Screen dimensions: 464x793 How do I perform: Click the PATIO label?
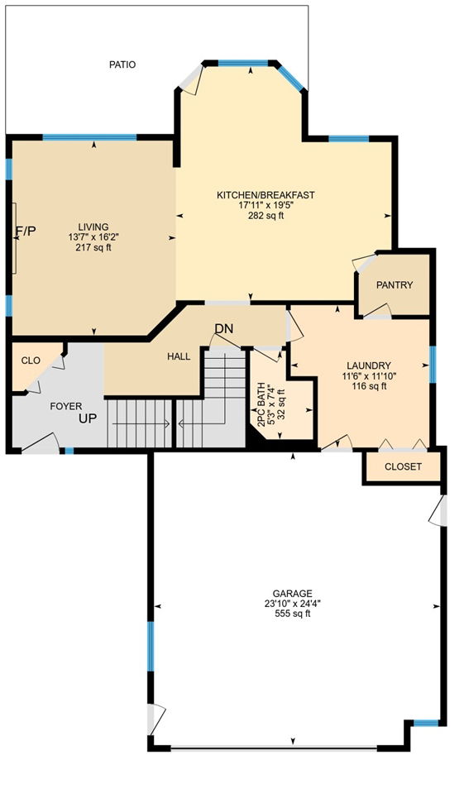pyautogui.click(x=122, y=64)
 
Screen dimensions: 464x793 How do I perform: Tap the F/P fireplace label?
pyautogui.click(x=26, y=232)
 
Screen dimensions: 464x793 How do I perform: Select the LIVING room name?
pyautogui.click(x=93, y=227)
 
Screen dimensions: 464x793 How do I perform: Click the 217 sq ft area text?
pyautogui.click(x=93, y=247)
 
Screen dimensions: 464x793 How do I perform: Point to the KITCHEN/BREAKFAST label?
pyautogui.click(x=265, y=195)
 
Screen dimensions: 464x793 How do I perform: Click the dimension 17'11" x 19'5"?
pyautogui.click(x=265, y=205)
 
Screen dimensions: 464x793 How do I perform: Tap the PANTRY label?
pyautogui.click(x=395, y=285)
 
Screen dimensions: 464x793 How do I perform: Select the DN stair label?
pyautogui.click(x=224, y=329)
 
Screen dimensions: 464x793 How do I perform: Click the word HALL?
pyautogui.click(x=179, y=356)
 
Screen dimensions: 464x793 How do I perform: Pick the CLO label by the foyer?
pyautogui.click(x=31, y=361)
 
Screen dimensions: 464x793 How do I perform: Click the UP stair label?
pyautogui.click(x=88, y=418)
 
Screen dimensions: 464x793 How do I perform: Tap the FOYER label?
pyautogui.click(x=66, y=406)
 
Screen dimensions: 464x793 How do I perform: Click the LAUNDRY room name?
pyautogui.click(x=368, y=365)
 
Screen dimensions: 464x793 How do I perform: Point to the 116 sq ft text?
pyautogui.click(x=369, y=386)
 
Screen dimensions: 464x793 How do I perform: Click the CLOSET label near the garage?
pyautogui.click(x=404, y=467)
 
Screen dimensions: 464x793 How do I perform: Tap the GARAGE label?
pyautogui.click(x=293, y=593)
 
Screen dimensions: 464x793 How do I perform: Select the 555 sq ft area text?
pyautogui.click(x=293, y=614)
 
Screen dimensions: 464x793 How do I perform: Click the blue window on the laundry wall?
pyautogui.click(x=433, y=365)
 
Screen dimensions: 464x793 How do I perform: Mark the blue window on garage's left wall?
pyautogui.click(x=151, y=647)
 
